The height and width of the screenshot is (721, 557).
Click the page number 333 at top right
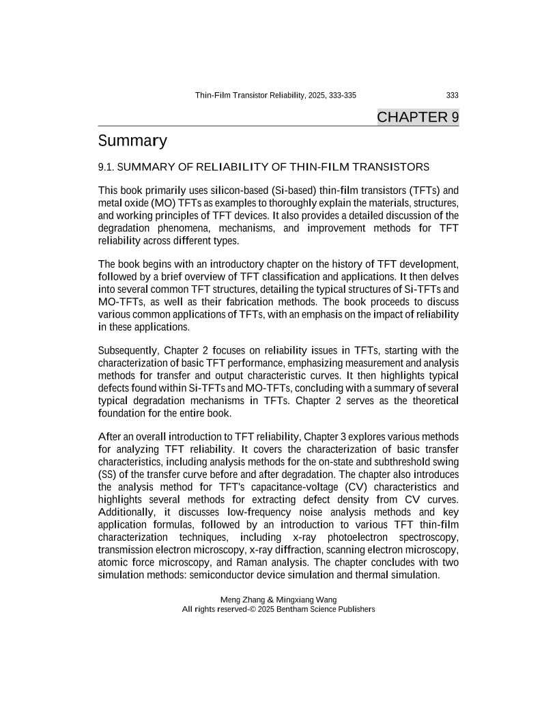pyautogui.click(x=451, y=96)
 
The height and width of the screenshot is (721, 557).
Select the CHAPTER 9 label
pyautogui.click(x=418, y=117)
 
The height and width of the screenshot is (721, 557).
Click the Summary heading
pyautogui.click(x=132, y=141)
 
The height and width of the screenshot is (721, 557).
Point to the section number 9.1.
pyautogui.click(x=108, y=167)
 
